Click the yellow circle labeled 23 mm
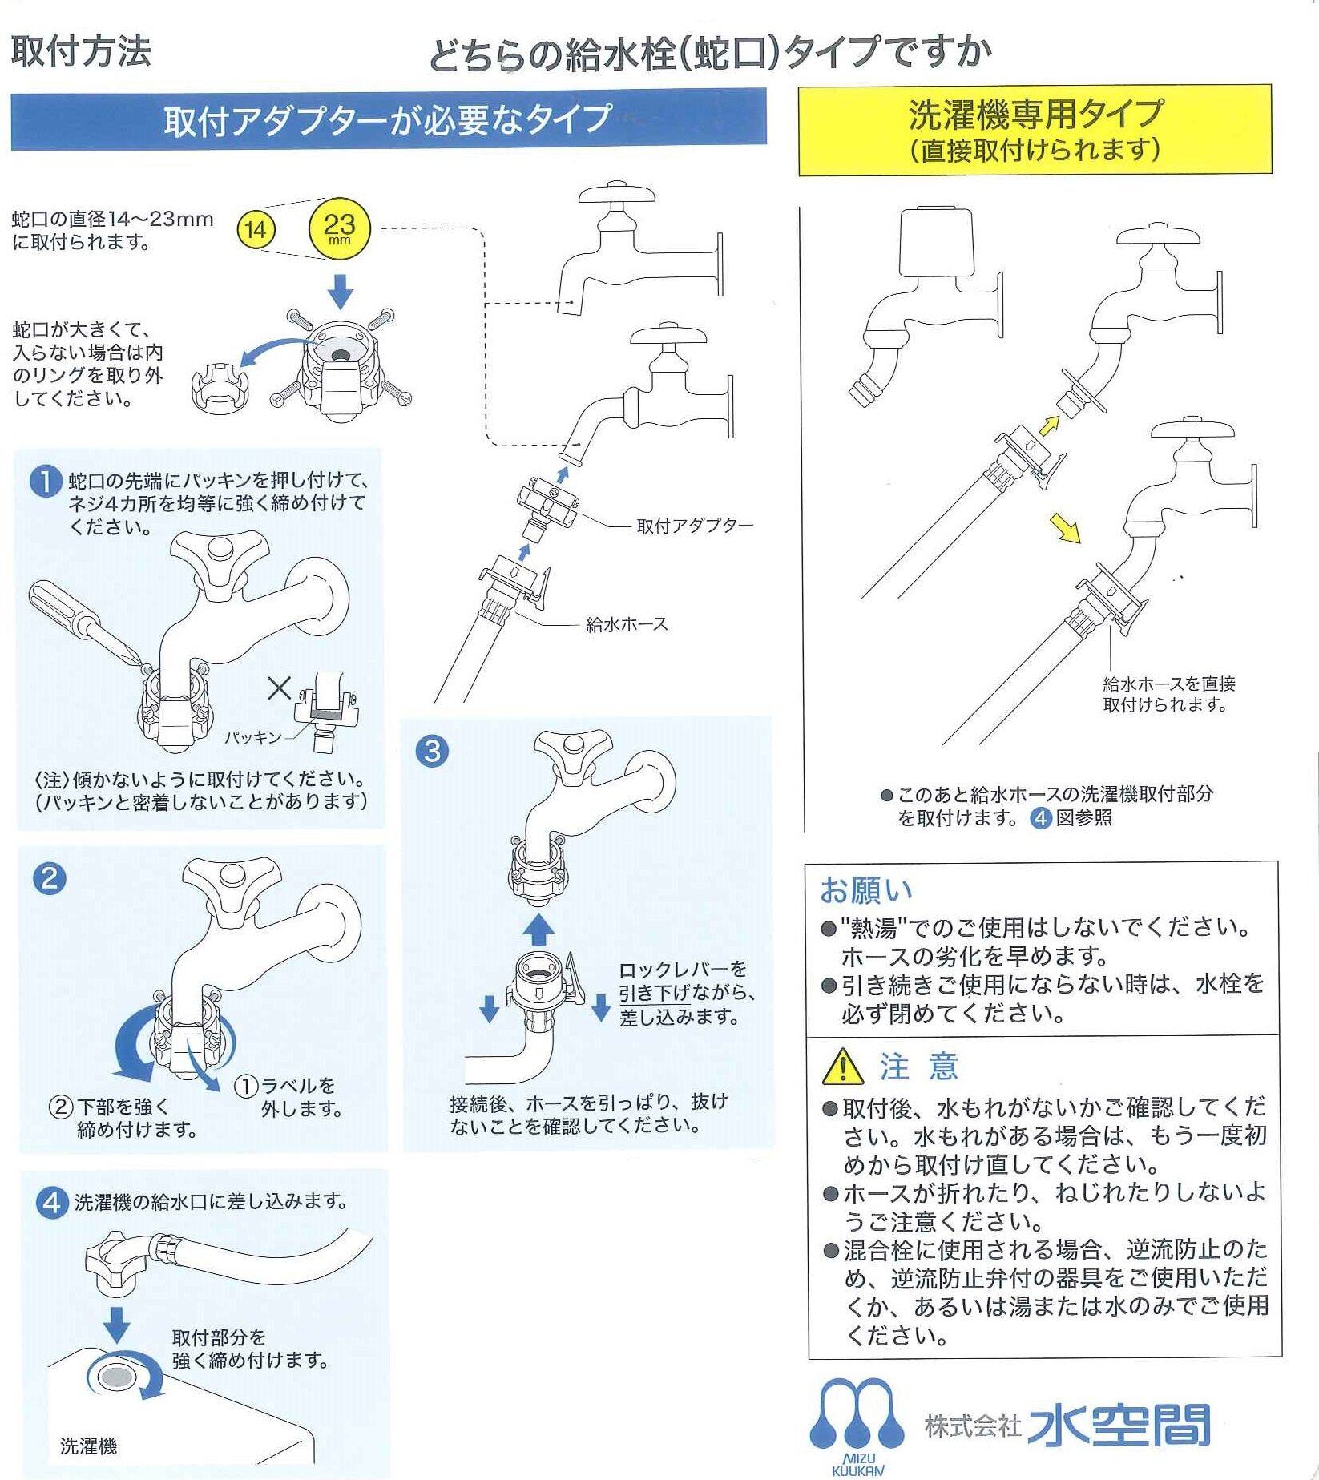340,229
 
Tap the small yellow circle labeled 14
256,231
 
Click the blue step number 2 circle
48,879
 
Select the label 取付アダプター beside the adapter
695,526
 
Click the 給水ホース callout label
627,624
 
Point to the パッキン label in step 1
252,736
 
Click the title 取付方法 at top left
81,51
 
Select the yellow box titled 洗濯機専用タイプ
1035,130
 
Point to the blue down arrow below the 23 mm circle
341,292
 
